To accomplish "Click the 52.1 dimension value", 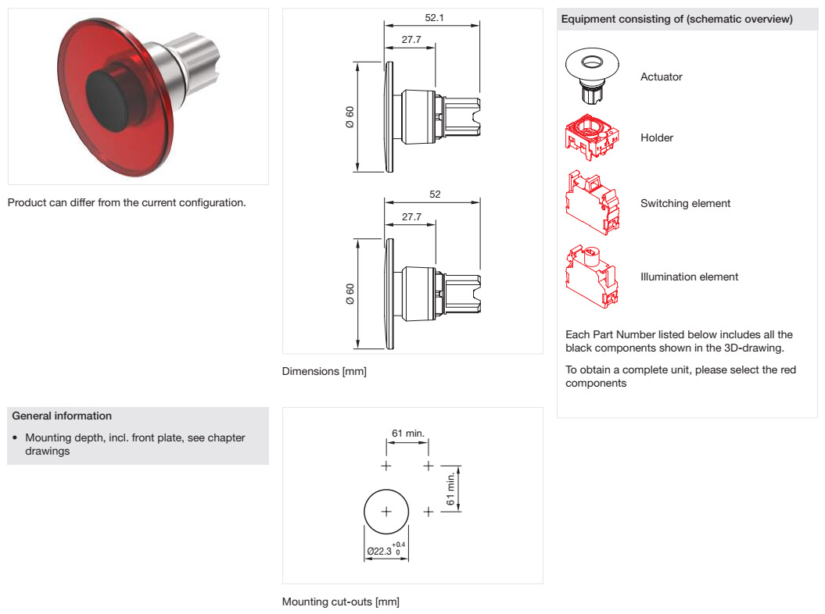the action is (434, 17).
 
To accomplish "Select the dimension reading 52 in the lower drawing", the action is (435, 194).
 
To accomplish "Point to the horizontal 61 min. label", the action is (407, 434).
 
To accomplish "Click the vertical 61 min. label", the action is (451, 489).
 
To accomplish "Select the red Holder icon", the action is (592, 137).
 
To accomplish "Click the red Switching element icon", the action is (592, 202).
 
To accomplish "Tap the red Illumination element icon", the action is (592, 276).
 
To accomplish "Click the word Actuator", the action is (661, 77).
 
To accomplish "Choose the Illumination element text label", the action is (689, 277).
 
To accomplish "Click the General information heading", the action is (62, 416).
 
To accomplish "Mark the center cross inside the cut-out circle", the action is (386, 512).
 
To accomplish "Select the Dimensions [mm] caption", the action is (324, 371).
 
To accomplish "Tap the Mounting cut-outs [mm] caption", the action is (340, 602).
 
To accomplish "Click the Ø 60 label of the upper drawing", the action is (350, 116).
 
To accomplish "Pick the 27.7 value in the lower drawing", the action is (411, 216).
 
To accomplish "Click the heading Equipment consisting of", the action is (676, 19).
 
